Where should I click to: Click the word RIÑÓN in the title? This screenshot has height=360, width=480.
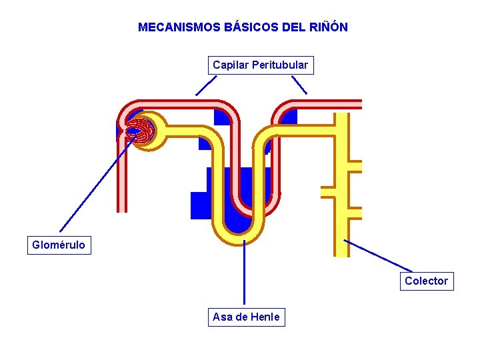point(329,27)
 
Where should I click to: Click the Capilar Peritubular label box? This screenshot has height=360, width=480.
point(261,65)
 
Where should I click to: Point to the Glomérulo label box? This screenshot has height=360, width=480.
point(59,245)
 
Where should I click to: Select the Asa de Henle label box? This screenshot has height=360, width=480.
point(247,317)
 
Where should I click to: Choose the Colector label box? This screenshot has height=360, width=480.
point(427,281)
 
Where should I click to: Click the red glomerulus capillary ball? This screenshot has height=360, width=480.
point(139,131)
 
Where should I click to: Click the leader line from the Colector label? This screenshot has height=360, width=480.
point(378,255)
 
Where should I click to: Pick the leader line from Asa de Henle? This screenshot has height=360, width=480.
point(244,273)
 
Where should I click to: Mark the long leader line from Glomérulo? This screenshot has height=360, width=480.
point(97,184)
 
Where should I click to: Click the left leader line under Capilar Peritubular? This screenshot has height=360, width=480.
point(206,86)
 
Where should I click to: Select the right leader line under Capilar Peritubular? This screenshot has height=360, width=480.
point(299,85)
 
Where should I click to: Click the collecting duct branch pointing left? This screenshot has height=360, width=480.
point(327,192)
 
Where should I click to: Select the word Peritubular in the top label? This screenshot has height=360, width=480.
point(280,65)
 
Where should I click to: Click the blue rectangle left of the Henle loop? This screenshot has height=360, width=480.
point(201,205)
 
